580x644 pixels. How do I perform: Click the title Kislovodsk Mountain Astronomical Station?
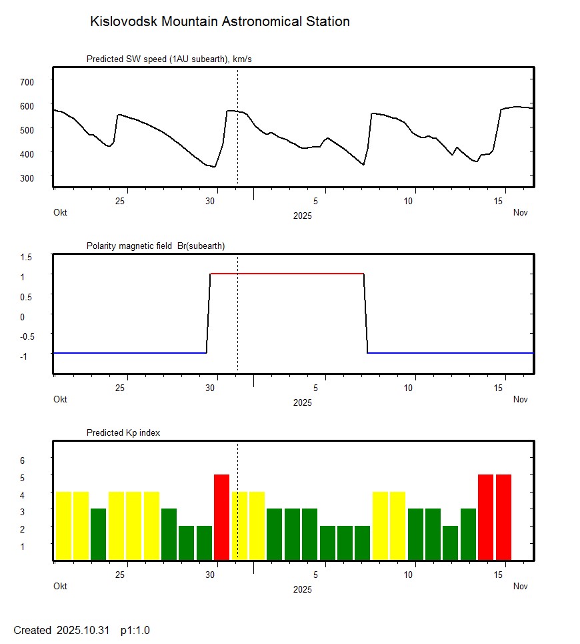pyautogui.click(x=219, y=21)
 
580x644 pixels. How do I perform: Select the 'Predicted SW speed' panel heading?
pyautogui.click(x=169, y=59)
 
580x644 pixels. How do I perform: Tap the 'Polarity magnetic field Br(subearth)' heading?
pyautogui.click(x=155, y=246)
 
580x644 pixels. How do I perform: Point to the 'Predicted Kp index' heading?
pyautogui.click(x=123, y=433)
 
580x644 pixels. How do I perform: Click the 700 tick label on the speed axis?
pyautogui.click(x=27, y=81)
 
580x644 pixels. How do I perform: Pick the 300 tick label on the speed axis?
pyautogui.click(x=27, y=178)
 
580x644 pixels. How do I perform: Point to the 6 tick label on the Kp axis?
pyautogui.click(x=22, y=460)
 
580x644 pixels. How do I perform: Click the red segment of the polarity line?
pyautogui.click(x=287, y=274)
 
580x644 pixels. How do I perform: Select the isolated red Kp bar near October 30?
pyautogui.click(x=221, y=517)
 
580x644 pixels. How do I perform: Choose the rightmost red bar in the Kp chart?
pyautogui.click(x=503, y=517)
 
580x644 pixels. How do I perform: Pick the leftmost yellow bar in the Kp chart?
pyautogui.click(x=63, y=525)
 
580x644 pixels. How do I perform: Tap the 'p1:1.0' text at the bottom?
pyautogui.click(x=135, y=630)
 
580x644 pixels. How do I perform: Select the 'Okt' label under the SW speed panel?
pyautogui.click(x=60, y=213)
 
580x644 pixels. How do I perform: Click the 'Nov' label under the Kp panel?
pyautogui.click(x=520, y=587)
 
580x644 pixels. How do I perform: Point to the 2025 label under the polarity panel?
pyautogui.click(x=302, y=402)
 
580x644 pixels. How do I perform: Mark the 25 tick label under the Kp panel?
pyautogui.click(x=121, y=575)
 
